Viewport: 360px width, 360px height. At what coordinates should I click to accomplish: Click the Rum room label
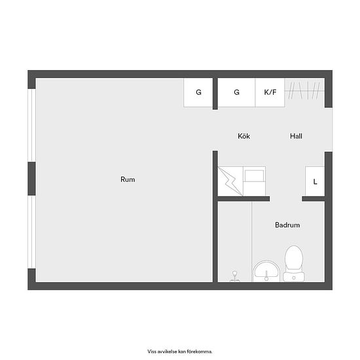pyautogui.click(x=128, y=179)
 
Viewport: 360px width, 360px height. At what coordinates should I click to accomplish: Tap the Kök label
pyautogui.click(x=244, y=136)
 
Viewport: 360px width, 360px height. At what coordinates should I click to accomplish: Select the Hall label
pyautogui.click(x=296, y=136)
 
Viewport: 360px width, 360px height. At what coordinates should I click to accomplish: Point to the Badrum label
pyautogui.click(x=287, y=225)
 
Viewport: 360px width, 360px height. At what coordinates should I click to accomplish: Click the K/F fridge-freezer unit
pyautogui.click(x=270, y=92)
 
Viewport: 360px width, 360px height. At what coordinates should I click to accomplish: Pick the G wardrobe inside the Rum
pyautogui.click(x=198, y=92)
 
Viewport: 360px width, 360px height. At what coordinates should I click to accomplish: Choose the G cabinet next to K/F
pyautogui.click(x=236, y=92)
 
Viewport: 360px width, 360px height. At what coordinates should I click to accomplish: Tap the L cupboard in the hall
pyautogui.click(x=315, y=181)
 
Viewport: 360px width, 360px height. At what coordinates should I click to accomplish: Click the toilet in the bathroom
pyautogui.click(x=294, y=264)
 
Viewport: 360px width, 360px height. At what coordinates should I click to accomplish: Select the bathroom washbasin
pyautogui.click(x=266, y=271)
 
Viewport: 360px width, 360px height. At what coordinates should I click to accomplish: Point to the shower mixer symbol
pyautogui.click(x=234, y=276)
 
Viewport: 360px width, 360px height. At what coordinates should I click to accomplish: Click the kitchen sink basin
pyautogui.click(x=254, y=176)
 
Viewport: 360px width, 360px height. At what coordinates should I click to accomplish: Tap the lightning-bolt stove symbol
pyautogui.click(x=230, y=181)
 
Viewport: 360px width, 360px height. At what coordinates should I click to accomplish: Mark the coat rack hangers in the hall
pyautogui.click(x=304, y=91)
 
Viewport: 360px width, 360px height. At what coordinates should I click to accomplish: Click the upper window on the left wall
pyautogui.click(x=31, y=126)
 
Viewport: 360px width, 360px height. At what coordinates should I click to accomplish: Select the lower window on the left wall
pyautogui.click(x=31, y=232)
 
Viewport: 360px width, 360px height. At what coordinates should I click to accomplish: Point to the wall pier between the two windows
pyautogui.click(x=31, y=179)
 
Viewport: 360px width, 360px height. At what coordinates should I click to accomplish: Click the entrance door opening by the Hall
pyautogui.click(x=329, y=130)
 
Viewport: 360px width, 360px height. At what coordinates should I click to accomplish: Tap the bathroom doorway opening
pyautogui.click(x=286, y=199)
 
